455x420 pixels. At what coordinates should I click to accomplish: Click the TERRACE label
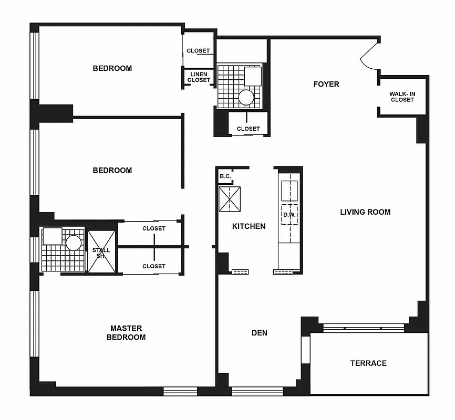(x=368, y=363)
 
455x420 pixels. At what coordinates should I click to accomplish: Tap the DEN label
(x=260, y=333)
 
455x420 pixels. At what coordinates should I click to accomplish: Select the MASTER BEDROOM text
(x=126, y=333)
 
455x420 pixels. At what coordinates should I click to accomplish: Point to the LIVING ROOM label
(x=365, y=212)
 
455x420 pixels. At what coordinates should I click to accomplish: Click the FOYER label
(x=326, y=84)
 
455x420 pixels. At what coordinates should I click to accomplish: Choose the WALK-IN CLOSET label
(x=402, y=97)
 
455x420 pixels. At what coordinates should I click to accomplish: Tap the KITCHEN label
(x=249, y=226)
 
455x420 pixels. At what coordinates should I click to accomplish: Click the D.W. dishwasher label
(x=289, y=215)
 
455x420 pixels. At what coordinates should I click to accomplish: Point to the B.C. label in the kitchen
(x=225, y=176)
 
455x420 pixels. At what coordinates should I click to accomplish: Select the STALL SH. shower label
(x=101, y=253)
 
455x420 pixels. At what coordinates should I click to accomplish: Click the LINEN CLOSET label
(x=199, y=77)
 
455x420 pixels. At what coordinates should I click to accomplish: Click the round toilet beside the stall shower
(x=73, y=243)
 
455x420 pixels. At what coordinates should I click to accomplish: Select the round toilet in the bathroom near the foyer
(x=246, y=97)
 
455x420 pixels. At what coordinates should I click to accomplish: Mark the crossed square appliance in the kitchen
(x=230, y=199)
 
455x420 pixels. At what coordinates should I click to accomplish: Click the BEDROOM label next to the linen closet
(x=112, y=68)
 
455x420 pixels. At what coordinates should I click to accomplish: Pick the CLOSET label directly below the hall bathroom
(x=248, y=129)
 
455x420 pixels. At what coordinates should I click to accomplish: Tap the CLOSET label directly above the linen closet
(x=198, y=51)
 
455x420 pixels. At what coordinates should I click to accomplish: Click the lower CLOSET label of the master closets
(x=154, y=266)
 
